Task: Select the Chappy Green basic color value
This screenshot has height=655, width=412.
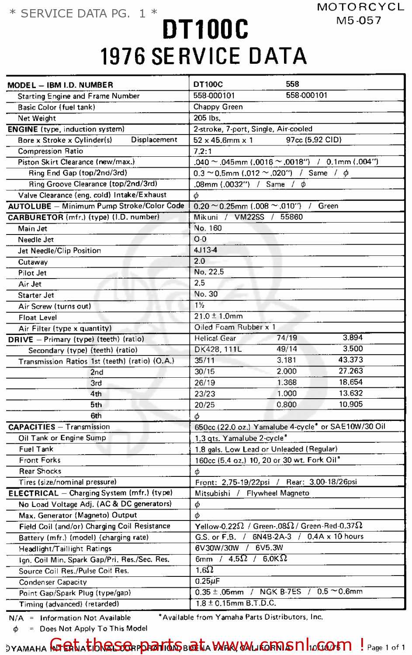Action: (x=218, y=107)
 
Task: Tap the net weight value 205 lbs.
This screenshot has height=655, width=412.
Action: (x=207, y=118)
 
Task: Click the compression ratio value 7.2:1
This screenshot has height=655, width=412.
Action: (x=203, y=151)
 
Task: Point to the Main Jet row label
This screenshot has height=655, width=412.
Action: (x=33, y=228)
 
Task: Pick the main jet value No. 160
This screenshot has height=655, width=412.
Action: (x=208, y=228)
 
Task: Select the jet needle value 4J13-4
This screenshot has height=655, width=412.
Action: (x=205, y=250)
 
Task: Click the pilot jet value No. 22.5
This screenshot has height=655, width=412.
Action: (x=209, y=272)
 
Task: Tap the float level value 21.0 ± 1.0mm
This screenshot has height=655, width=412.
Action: (x=218, y=316)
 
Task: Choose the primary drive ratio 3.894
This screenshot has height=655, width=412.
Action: (x=353, y=338)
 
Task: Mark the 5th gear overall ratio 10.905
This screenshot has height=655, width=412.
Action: (x=351, y=404)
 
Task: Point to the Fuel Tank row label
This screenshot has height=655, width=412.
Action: (x=36, y=449)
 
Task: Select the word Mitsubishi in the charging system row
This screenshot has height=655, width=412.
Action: (x=212, y=493)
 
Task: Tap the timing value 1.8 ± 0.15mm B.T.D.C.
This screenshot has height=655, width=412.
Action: (x=235, y=603)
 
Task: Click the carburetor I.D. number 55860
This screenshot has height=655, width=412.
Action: (x=291, y=217)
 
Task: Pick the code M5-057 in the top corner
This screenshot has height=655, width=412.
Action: (x=359, y=21)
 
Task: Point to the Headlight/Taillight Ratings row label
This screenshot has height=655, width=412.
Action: (x=65, y=548)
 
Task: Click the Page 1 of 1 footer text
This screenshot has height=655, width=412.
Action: (x=386, y=648)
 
